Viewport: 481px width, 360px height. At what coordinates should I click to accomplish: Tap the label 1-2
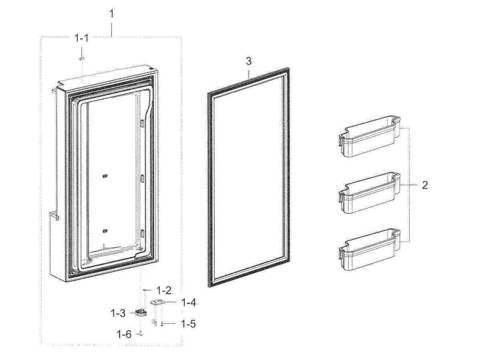pyautogui.click(x=164, y=289)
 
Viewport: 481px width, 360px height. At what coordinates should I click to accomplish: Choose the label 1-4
pyautogui.click(x=188, y=303)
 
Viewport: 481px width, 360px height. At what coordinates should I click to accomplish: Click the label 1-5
pyautogui.click(x=188, y=324)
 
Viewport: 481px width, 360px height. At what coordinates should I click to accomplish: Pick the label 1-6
pyautogui.click(x=124, y=334)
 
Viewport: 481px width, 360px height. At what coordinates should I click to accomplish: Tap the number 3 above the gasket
pyautogui.click(x=249, y=61)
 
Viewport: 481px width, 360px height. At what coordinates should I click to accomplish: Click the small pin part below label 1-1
pyautogui.click(x=81, y=58)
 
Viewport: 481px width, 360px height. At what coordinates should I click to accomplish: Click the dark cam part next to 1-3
pyautogui.click(x=140, y=312)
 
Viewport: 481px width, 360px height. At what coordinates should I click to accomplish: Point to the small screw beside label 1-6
pyautogui.click(x=141, y=333)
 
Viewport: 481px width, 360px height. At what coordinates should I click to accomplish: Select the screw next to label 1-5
pyautogui.click(x=162, y=324)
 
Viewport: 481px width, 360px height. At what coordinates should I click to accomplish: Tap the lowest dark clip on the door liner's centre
pyautogui.click(x=105, y=231)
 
